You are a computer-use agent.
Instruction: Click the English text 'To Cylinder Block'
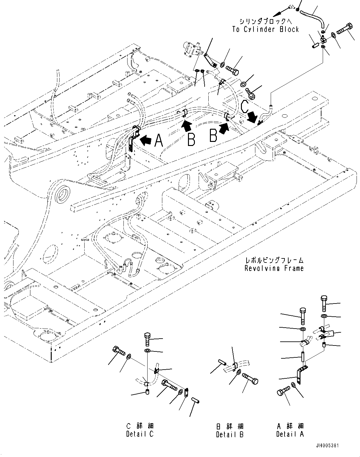tap(265, 29)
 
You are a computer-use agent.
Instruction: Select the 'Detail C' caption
tap(140, 434)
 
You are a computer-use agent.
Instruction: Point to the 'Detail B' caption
tap(230, 434)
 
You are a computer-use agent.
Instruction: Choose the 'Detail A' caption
tap(290, 434)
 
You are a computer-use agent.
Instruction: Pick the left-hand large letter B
tap(191, 139)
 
